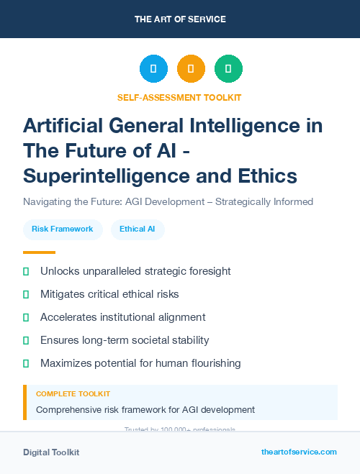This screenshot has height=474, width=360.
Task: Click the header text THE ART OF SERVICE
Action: [180, 19]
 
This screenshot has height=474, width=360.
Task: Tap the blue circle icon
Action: [153, 69]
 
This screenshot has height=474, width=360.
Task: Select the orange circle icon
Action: [191, 69]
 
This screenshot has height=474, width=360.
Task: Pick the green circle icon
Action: [228, 69]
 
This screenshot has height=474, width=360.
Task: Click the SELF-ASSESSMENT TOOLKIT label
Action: [180, 97]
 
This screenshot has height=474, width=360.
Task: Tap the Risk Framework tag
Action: [63, 229]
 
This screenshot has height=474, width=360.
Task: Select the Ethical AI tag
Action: [138, 229]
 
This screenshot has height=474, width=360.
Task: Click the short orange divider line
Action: [39, 252]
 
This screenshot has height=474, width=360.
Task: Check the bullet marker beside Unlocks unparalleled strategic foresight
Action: [26, 271]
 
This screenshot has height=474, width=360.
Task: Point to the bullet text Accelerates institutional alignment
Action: [122, 317]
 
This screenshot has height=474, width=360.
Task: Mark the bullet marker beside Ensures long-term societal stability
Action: [26, 340]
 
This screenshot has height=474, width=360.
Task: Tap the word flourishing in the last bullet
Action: [210, 363]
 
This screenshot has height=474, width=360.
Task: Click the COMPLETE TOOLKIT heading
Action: [73, 394]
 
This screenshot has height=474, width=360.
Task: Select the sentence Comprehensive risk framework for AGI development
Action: [145, 410]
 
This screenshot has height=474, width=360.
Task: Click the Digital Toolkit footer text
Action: [51, 452]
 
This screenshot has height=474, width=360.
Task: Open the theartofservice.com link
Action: [299, 452]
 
